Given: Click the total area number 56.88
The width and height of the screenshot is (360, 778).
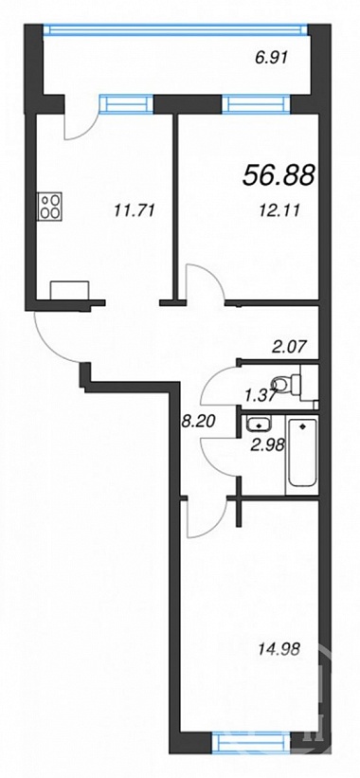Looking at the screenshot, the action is [279, 175].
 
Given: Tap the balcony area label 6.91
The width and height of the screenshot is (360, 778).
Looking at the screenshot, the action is [271, 58].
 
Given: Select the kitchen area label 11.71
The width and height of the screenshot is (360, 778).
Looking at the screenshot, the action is [135, 211].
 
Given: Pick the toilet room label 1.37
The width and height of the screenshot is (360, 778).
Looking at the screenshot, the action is [260, 394].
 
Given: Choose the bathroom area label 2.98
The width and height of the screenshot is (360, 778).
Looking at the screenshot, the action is [268, 444].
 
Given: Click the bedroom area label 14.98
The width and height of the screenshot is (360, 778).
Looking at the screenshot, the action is [279, 648].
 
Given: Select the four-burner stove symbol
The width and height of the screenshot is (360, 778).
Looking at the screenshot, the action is [50, 206].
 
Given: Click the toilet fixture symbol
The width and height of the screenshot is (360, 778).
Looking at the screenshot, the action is [292, 384].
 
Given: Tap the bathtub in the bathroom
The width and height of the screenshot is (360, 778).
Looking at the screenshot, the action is [302, 455].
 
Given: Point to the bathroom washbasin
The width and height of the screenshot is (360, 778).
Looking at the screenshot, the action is [258, 425].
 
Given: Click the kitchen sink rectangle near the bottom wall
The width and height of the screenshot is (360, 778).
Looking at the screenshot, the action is [69, 290].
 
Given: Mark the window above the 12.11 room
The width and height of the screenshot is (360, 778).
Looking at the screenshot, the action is [257, 104].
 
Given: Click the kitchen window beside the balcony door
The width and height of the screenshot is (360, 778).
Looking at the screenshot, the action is [126, 104].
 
